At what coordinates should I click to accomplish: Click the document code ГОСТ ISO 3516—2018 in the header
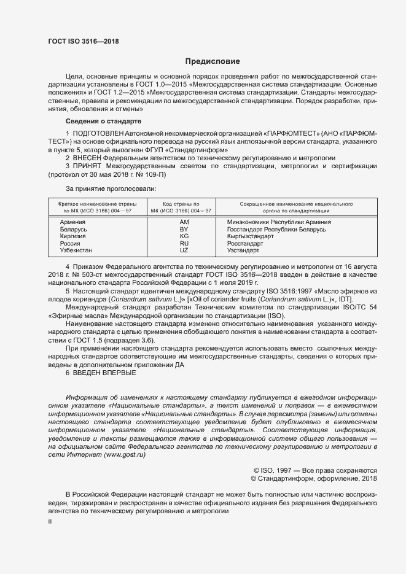tap(83, 41)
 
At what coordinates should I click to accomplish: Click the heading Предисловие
tap(213, 62)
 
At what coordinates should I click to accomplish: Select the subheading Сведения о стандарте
tap(104, 122)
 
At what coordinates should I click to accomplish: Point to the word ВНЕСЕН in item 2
tap(89, 158)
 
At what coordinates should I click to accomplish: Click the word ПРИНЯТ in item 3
tap(88, 166)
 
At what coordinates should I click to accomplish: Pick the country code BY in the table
tap(184, 229)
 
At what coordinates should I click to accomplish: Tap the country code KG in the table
tap(184, 236)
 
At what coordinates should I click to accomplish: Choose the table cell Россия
tap(70, 244)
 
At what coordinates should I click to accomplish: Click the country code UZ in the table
tap(184, 251)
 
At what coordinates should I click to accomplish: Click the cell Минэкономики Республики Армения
tap(279, 222)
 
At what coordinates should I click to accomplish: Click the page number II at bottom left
tap(50, 522)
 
